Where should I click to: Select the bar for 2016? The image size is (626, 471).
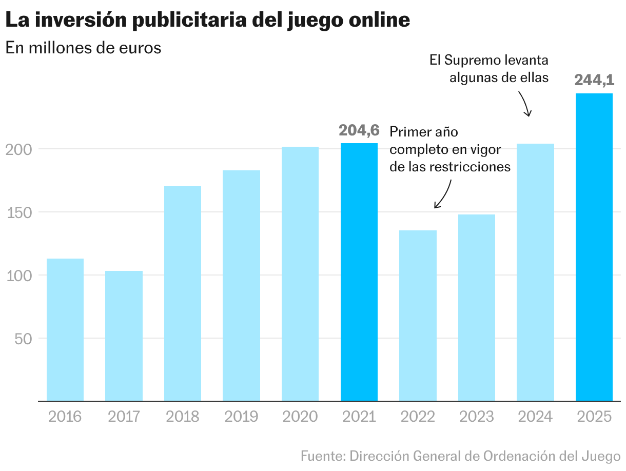(x=65, y=329)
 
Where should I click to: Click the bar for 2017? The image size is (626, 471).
(x=124, y=336)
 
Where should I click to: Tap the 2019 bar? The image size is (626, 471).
(x=241, y=285)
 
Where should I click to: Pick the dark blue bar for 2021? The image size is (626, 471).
(x=359, y=272)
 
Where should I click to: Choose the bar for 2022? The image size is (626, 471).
(x=418, y=316)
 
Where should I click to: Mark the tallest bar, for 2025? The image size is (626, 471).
(x=594, y=247)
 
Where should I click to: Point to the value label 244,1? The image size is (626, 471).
(x=594, y=81)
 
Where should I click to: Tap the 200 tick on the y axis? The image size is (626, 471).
(x=19, y=149)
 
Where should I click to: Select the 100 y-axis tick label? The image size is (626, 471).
(x=19, y=276)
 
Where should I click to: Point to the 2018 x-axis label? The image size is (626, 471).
(x=183, y=416)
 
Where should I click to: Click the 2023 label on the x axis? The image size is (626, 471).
(x=477, y=416)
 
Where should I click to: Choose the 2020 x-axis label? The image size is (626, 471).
(x=300, y=416)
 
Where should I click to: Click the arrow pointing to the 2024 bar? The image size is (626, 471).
(x=524, y=104)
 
